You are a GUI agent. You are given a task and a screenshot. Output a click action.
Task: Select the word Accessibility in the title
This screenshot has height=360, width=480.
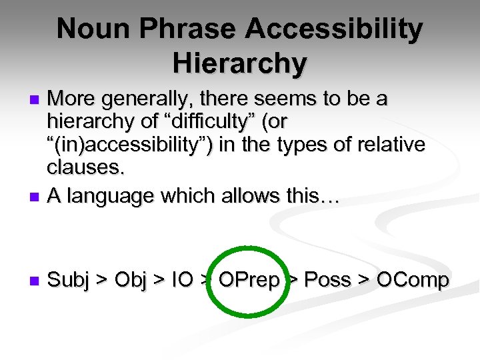335,30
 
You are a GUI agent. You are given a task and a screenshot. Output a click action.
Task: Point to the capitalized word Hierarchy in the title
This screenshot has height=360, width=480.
239,63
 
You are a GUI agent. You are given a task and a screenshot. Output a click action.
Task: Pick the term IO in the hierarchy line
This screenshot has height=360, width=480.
182,281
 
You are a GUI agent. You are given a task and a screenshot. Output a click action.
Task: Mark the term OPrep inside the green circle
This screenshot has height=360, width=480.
249,281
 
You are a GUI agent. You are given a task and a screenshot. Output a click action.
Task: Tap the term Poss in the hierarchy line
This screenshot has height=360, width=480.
331,281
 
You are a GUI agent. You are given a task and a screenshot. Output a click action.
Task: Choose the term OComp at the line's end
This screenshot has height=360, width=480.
413,281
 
